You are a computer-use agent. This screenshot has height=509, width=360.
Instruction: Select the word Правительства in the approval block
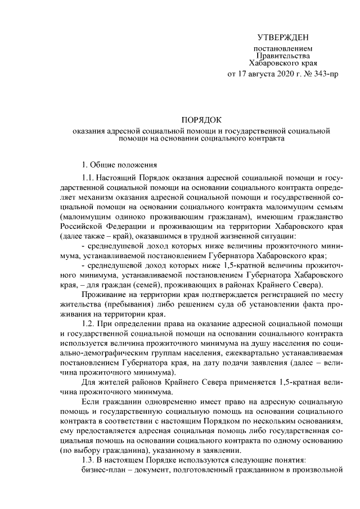click(282, 56)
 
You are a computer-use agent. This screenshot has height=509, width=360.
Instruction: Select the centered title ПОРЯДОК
click(201, 120)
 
